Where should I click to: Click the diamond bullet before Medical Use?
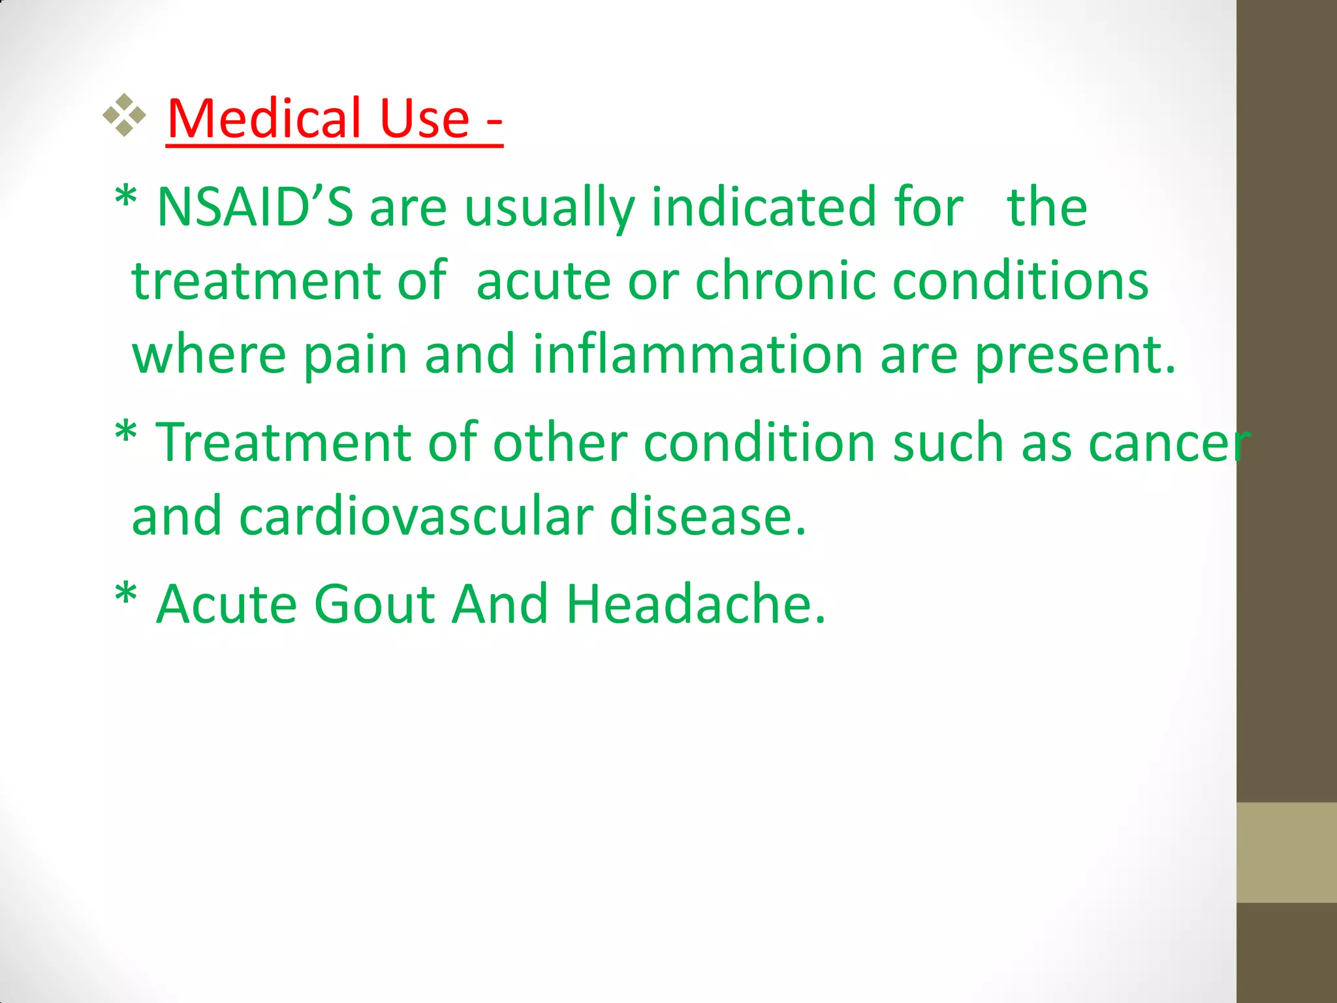[x=124, y=116]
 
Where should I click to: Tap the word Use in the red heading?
[x=424, y=119]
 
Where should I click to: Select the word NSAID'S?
[x=255, y=207]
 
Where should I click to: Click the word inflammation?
[x=697, y=355]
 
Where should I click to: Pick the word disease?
[x=708, y=517]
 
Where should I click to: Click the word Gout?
[x=375, y=604]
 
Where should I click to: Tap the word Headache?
[x=695, y=604]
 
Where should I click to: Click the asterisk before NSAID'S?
[x=126, y=199]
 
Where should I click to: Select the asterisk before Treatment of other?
[x=126, y=434]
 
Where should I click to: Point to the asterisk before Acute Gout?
[x=126, y=596]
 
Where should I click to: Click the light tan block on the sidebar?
[x=1286, y=852]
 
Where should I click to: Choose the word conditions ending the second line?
[x=1020, y=281]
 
